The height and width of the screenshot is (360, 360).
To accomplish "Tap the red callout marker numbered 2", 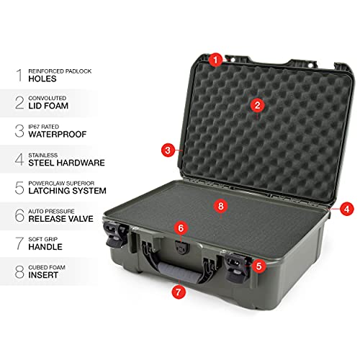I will pyautogui.click(x=257, y=104).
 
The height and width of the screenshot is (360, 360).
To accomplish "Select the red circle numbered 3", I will pyautogui.click(x=168, y=150).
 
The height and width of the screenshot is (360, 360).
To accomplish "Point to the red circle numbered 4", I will pyautogui.click(x=347, y=209).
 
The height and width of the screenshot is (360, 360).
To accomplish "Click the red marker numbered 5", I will pyautogui.click(x=258, y=265).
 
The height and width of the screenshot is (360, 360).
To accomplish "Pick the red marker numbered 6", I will pyautogui.click(x=181, y=228).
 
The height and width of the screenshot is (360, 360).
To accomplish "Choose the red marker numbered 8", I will pyautogui.click(x=221, y=205).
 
